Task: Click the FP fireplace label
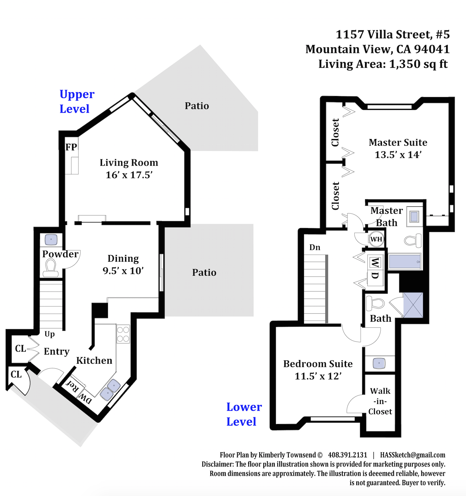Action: (x=71, y=147)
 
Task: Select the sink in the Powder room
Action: (x=51, y=240)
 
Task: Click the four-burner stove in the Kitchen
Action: (x=123, y=334)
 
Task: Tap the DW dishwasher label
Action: (x=85, y=399)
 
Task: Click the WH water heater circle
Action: (x=376, y=239)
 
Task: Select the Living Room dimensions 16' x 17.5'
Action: (x=129, y=175)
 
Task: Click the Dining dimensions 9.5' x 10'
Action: (x=123, y=270)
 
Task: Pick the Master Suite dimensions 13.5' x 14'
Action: (x=398, y=155)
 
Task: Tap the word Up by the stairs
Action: (x=49, y=334)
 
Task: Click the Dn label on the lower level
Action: (x=315, y=247)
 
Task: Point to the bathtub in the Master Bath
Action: (x=405, y=261)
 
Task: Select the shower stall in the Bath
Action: (x=413, y=305)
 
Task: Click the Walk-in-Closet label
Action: (x=380, y=401)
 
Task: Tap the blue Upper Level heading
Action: (x=77, y=101)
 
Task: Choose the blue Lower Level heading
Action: (x=244, y=414)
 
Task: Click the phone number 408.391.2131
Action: (x=348, y=455)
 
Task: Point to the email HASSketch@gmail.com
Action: (x=413, y=455)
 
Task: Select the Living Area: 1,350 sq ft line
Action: (x=383, y=64)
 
